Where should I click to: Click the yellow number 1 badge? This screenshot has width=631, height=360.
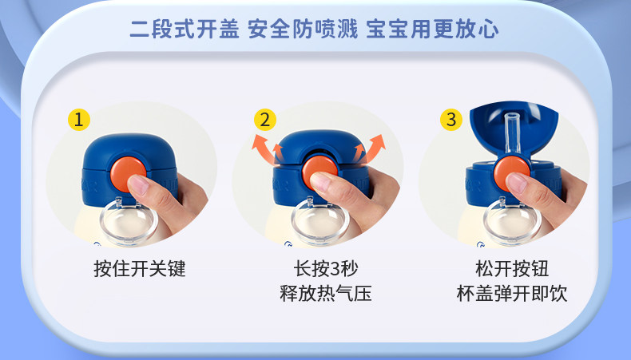79,120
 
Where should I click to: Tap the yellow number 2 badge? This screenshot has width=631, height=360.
265,120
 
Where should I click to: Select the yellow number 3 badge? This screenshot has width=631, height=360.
451,120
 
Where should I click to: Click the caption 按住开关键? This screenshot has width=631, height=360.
140,268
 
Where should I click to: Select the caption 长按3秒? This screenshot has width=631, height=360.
326,268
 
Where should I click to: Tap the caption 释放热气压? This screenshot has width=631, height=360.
326,293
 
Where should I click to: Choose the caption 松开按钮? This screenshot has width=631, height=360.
512,268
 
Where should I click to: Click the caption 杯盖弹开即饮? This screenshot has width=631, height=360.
512,293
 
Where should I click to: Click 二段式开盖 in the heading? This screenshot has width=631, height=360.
185,30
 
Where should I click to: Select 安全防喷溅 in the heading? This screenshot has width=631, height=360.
303,30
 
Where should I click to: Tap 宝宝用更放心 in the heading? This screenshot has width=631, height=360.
433,30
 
